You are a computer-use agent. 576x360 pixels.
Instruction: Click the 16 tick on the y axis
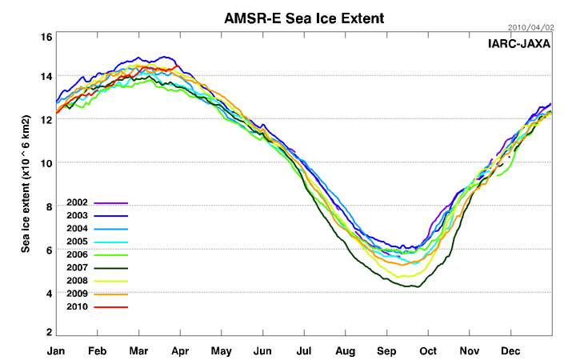(46, 37)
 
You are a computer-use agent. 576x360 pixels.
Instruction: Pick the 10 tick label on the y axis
(46, 162)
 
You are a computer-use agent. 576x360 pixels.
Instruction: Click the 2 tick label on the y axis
(49, 332)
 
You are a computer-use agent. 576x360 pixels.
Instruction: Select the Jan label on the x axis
(56, 350)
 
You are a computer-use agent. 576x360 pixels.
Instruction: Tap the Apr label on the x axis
(181, 350)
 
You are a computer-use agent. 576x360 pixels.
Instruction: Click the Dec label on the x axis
(510, 350)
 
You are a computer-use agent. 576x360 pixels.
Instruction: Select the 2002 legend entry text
(78, 203)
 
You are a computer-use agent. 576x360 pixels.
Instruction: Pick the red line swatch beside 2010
(111, 306)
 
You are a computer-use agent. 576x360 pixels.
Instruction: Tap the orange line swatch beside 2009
(111, 294)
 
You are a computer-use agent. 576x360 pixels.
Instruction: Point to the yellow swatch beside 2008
(111, 281)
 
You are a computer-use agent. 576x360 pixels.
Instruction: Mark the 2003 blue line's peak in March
(166, 57)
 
